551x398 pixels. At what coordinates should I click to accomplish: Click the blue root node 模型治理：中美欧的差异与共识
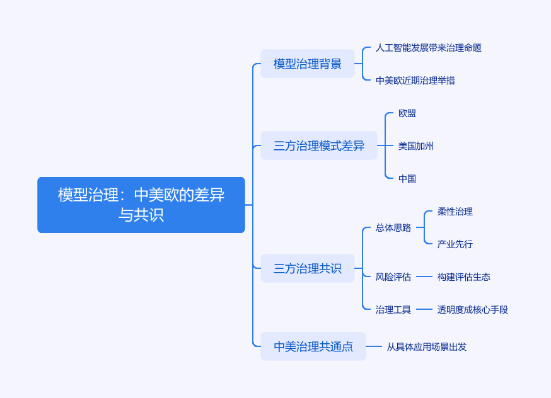141,205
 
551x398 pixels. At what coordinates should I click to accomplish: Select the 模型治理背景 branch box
308,64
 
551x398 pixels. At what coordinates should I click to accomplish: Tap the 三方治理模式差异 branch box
319,145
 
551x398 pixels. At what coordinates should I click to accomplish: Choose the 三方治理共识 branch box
308,268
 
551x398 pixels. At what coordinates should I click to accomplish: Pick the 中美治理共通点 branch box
313,346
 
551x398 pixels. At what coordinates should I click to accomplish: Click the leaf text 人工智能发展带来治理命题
429,48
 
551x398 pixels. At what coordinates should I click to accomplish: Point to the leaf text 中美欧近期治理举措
415,81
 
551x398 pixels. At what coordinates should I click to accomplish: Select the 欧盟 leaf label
407,113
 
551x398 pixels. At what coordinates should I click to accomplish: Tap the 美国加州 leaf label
416,146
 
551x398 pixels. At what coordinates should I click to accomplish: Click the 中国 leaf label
407,179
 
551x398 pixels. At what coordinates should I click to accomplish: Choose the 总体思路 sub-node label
393,228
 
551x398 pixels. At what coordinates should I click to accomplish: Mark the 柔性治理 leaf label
455,212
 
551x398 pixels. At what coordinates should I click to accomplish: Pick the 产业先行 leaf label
455,244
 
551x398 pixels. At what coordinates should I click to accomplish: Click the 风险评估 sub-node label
393,277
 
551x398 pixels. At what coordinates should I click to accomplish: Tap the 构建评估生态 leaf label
464,277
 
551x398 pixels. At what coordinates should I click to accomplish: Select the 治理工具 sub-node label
393,310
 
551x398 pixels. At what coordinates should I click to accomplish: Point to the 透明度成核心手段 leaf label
473,310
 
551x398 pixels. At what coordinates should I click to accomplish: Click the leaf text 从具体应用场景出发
427,346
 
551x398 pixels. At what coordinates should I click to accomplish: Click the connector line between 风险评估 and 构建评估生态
424,277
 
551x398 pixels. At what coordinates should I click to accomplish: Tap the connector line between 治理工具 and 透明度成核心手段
424,310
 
